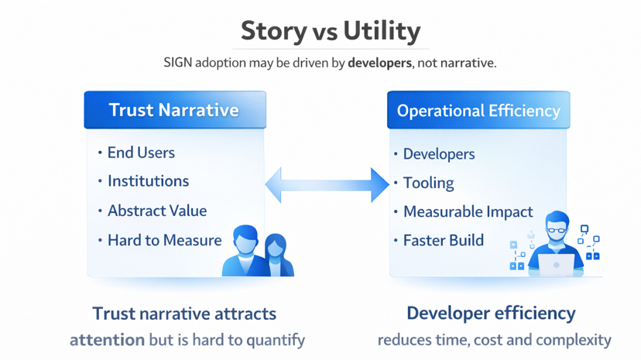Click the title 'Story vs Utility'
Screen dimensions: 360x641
coord(331,31)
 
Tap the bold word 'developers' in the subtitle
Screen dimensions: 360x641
coord(379,63)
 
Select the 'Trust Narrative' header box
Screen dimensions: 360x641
coord(174,110)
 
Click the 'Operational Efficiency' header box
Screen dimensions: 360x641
coord(478,111)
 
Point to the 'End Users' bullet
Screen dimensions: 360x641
coord(141,153)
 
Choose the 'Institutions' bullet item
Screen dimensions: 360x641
coord(148,181)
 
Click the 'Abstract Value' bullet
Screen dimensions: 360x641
coord(156,211)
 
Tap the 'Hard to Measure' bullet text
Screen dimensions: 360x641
coord(164,240)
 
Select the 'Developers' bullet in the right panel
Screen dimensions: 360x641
coord(439,154)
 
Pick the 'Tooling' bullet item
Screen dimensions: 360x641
coord(428,183)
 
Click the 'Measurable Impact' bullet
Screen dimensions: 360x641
coord(468,211)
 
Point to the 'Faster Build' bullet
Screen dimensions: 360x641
coord(443,240)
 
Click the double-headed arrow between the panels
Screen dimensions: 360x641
coord(327,185)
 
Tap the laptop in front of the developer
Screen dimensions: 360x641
coord(556,265)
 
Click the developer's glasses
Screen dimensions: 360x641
coord(557,229)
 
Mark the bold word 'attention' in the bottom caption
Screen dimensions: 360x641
coord(107,339)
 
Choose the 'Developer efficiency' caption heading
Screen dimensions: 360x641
coord(491,313)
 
